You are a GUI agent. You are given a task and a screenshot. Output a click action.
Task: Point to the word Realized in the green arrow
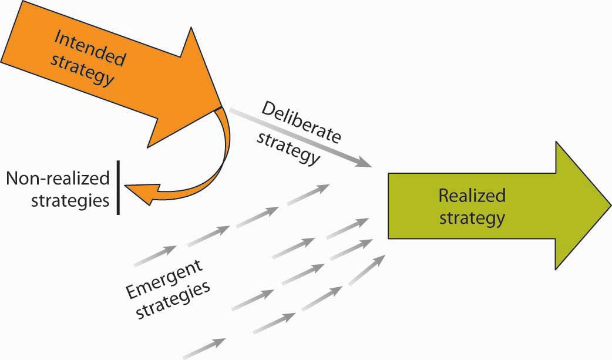(472, 196)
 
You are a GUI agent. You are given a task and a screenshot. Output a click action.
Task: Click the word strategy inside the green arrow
(472, 218)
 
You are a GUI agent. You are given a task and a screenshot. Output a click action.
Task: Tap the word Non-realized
(58, 179)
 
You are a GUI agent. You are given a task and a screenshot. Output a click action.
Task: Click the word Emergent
(164, 278)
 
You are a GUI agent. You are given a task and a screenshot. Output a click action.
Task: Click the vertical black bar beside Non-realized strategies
(118, 186)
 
